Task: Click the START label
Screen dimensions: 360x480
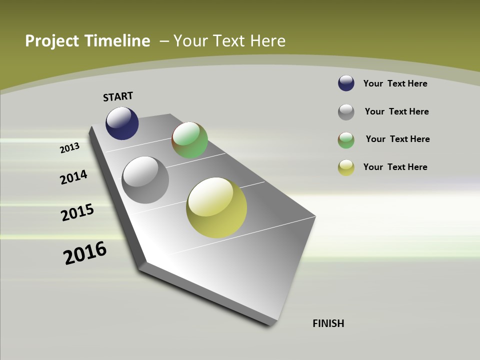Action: point(118,96)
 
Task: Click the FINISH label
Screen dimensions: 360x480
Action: point(328,323)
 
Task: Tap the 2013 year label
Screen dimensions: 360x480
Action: point(69,148)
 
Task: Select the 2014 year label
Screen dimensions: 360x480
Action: point(73,177)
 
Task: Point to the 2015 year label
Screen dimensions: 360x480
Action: point(77,212)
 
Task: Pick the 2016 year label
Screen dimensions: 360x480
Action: point(85,253)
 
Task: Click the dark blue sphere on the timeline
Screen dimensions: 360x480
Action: point(122,123)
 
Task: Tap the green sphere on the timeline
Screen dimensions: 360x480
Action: point(189,140)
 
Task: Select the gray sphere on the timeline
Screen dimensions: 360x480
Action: point(145,180)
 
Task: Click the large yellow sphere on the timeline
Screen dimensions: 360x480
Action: point(216,207)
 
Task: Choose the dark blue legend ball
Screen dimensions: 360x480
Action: point(346,83)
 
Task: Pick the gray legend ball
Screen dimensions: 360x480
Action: point(346,112)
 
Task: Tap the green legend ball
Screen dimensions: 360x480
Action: point(346,140)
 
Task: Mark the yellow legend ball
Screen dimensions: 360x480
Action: point(346,167)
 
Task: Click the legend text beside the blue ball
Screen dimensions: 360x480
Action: point(395,83)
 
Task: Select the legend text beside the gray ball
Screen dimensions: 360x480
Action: point(396,111)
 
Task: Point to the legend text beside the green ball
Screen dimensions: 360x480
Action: point(397,139)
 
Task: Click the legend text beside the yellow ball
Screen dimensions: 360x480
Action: point(395,167)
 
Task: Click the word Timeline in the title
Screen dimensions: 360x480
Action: point(119,41)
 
